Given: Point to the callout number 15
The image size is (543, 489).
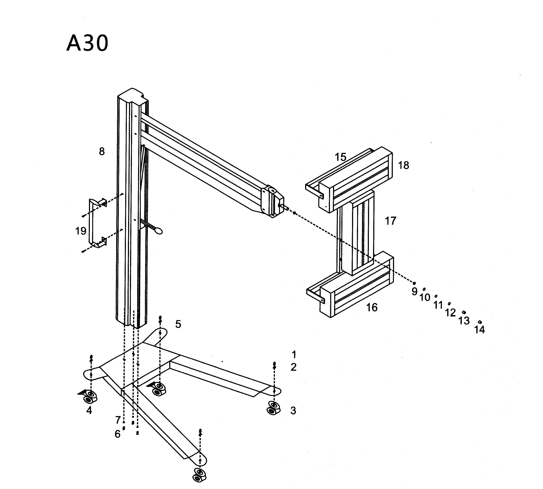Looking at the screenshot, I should point(340,157).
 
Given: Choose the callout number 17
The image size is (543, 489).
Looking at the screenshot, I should point(391,221).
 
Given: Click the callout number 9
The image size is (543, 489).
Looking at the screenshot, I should point(414,291).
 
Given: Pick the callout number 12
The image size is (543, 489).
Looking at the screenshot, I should point(450,313).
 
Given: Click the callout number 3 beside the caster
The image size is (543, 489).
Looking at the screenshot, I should point(293,410).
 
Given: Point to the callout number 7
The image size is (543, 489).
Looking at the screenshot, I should point(118,420).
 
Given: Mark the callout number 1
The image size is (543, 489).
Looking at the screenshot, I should point(294,355).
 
